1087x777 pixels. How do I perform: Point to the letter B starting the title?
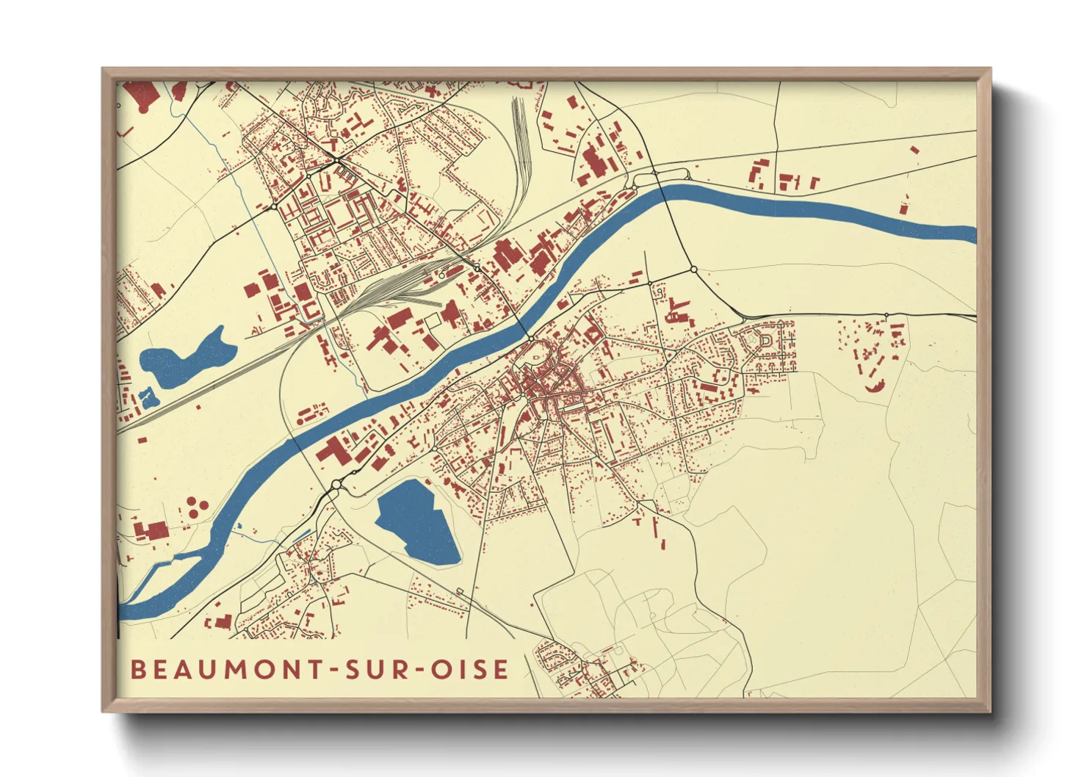tap(137, 670)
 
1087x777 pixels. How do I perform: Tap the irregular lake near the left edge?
tap(184, 360)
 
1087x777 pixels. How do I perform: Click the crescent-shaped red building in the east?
tap(874, 386)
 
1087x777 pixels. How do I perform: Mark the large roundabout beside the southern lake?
tap(336, 485)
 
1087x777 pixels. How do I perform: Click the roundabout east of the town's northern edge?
tap(693, 270)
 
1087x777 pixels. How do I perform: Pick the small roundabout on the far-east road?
tap(886, 315)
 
